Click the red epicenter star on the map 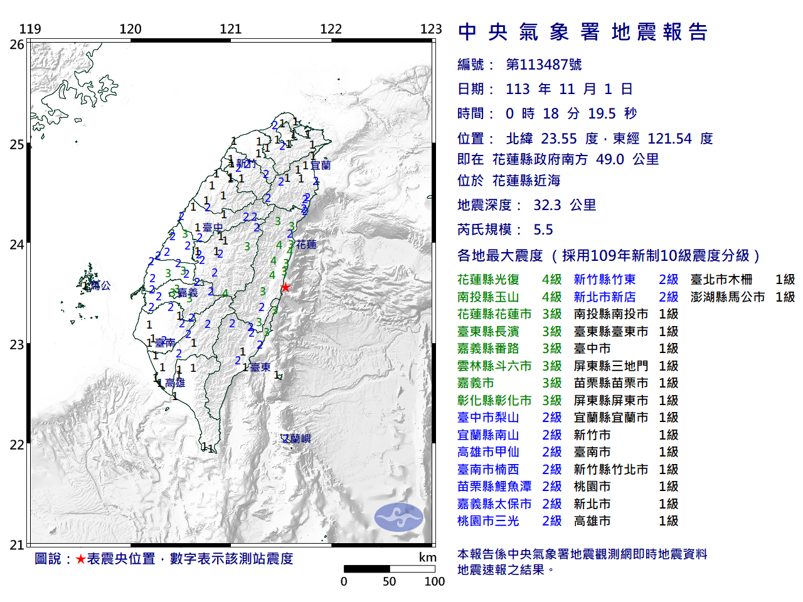pyautogui.click(x=285, y=287)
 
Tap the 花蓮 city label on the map pyautogui.click(x=307, y=245)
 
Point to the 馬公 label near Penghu pyautogui.click(x=100, y=285)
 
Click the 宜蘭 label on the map pyautogui.click(x=321, y=166)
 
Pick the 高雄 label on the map pyautogui.click(x=175, y=383)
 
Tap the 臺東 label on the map pyautogui.click(x=260, y=367)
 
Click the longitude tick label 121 pyautogui.click(x=231, y=29)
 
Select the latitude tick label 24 pyautogui.click(x=17, y=245)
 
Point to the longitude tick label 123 pyautogui.click(x=431, y=29)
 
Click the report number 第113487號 pyautogui.click(x=543, y=65)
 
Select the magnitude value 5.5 pyautogui.click(x=543, y=230)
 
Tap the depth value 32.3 pyautogui.click(x=547, y=205)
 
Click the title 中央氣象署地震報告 pyautogui.click(x=583, y=32)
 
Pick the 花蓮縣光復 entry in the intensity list pyautogui.click(x=488, y=280)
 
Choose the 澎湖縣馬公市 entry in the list pyautogui.click(x=728, y=297)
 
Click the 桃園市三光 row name pyautogui.click(x=488, y=521)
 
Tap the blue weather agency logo pyautogui.click(x=399, y=517)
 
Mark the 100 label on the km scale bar pyautogui.click(x=434, y=581)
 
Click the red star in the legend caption pyautogui.click(x=80, y=559)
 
